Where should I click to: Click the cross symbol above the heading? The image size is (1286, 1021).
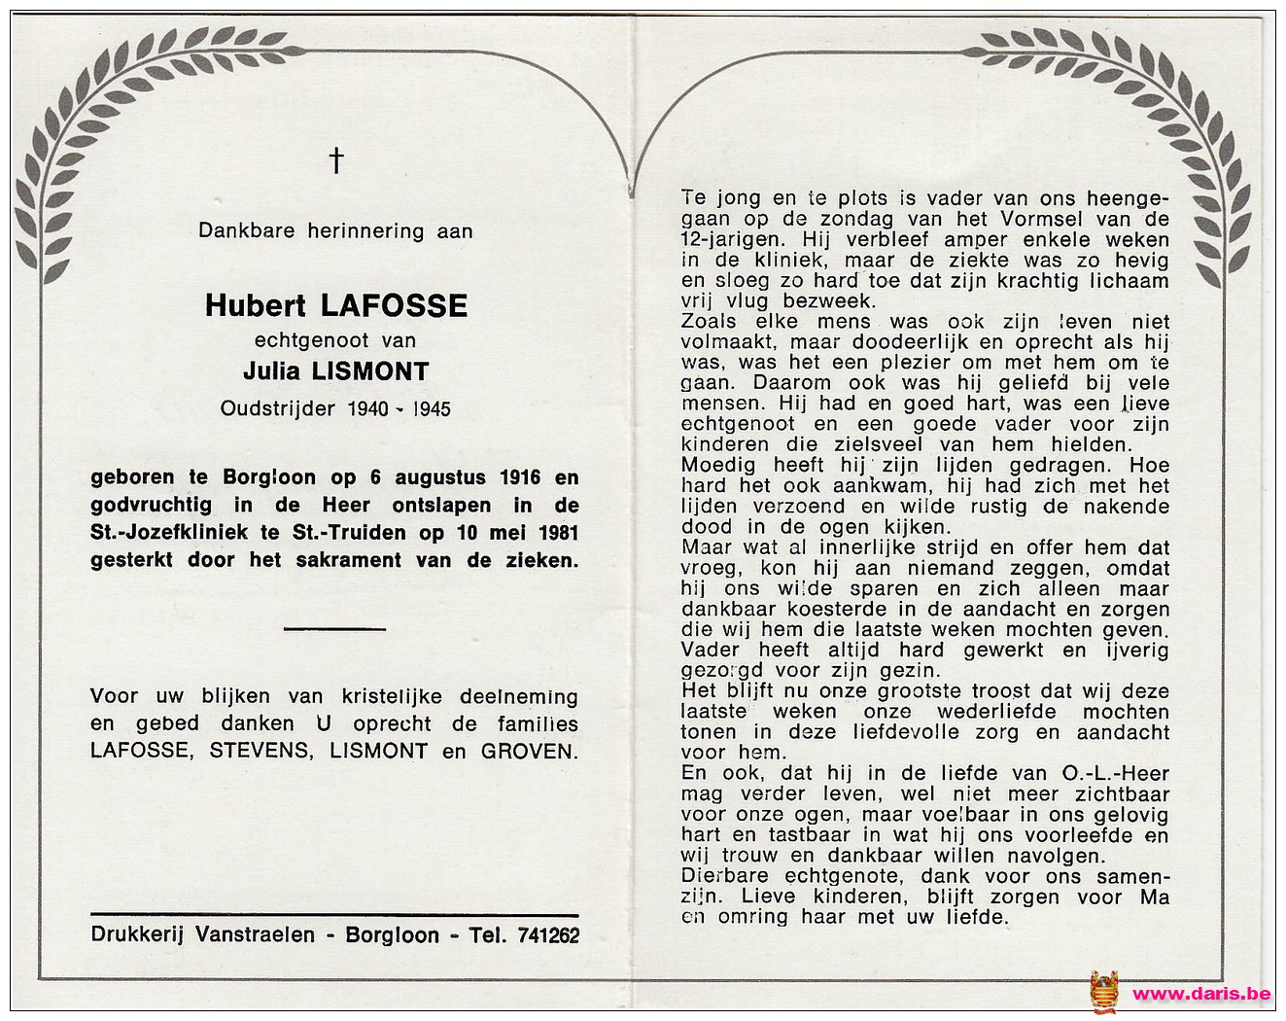[x=335, y=160]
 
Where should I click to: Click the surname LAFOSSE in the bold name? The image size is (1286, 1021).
[x=394, y=306]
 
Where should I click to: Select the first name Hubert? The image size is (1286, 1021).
[x=259, y=306]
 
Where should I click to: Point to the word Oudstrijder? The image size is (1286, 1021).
[x=278, y=408]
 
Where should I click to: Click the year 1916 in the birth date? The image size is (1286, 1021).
[x=520, y=477]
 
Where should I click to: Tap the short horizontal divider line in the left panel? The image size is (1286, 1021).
[x=335, y=629]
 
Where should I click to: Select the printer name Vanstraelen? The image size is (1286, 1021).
[x=255, y=935]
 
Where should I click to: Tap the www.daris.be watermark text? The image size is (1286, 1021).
[x=1201, y=994]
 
